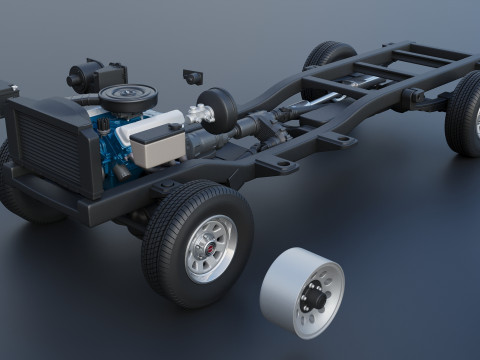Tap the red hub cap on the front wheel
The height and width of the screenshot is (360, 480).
(x=211, y=247)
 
